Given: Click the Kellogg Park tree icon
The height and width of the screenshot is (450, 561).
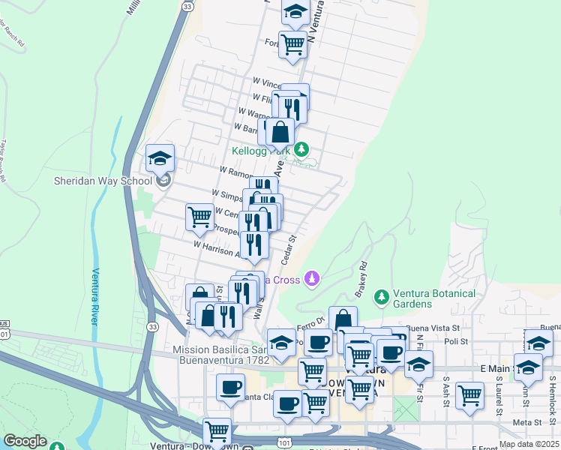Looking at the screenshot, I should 301,149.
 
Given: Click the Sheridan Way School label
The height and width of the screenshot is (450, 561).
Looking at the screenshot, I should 103,181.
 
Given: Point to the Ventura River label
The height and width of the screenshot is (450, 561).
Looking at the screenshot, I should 96,296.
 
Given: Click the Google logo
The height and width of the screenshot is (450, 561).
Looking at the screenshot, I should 25,441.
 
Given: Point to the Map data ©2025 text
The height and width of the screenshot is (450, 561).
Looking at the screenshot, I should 529,444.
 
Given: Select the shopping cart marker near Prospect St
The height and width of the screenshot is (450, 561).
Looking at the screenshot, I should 199,217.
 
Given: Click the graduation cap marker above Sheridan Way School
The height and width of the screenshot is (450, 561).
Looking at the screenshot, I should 160,158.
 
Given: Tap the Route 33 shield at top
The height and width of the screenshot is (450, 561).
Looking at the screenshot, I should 187,6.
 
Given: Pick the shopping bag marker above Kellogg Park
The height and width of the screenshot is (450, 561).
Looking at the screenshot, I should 280,133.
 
